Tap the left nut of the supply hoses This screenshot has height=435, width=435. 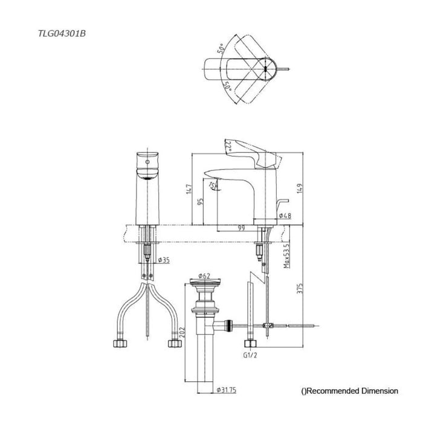pos(118,344)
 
